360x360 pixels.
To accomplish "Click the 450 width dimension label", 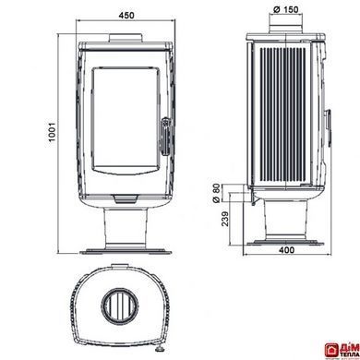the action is [126, 15].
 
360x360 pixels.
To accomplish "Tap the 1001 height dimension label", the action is [52, 132].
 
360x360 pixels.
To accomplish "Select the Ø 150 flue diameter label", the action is [285, 9].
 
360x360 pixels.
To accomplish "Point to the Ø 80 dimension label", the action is [217, 193].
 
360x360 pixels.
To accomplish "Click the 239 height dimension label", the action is [225, 219].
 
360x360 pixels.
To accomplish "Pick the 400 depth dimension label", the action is [286, 250].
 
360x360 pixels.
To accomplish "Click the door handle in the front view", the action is [165, 136].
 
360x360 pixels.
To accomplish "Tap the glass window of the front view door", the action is [126, 120].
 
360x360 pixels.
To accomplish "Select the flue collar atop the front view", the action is [126, 38].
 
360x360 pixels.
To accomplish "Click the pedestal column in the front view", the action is [126, 227].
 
